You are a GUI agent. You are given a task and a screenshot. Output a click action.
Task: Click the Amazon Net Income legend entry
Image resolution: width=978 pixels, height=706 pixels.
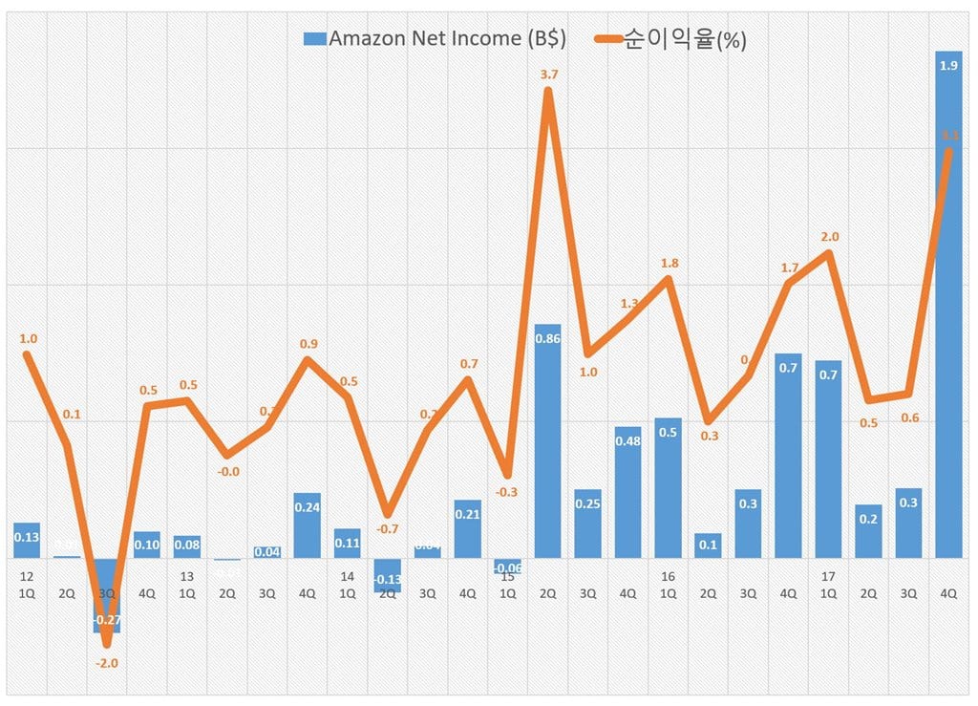point(435,39)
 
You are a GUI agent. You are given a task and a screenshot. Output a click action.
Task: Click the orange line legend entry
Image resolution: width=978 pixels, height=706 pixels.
point(668,39)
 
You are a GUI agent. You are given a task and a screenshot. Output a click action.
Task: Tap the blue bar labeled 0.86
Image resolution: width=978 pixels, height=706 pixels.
point(547,440)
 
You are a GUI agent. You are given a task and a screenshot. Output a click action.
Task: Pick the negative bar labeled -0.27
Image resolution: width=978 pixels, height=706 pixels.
point(107,594)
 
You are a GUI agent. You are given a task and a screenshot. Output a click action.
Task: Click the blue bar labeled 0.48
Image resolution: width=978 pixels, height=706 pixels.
point(627,492)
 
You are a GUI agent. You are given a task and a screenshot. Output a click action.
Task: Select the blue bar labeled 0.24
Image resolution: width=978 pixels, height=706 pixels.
point(308,525)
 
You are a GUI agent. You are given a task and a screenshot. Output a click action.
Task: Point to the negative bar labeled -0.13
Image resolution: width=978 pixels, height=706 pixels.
point(387,575)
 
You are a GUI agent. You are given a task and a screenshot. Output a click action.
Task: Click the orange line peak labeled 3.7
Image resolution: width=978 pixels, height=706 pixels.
point(547,92)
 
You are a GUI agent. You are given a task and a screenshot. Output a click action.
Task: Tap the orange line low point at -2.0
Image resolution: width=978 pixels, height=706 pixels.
point(107,644)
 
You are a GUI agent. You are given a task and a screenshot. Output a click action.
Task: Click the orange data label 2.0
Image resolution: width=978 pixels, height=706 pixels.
point(829,236)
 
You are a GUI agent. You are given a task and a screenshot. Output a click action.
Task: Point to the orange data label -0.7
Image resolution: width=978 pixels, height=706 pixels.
point(387,528)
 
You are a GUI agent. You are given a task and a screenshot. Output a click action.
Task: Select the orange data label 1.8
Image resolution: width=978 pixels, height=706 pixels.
point(669,263)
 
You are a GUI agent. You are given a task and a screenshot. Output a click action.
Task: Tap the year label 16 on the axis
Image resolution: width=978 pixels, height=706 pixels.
point(668,577)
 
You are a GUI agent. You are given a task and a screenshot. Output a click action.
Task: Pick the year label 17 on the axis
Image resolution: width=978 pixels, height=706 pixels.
point(827,577)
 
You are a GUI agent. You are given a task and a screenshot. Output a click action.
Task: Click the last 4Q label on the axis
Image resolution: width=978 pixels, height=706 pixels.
point(948,593)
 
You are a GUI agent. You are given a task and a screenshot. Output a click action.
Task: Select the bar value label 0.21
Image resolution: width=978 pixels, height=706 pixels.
point(467,515)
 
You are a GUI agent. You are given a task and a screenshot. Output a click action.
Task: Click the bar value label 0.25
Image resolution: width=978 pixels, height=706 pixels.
point(587,504)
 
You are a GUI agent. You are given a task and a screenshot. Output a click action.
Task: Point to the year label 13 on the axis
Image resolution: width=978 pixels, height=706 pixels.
point(186,577)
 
